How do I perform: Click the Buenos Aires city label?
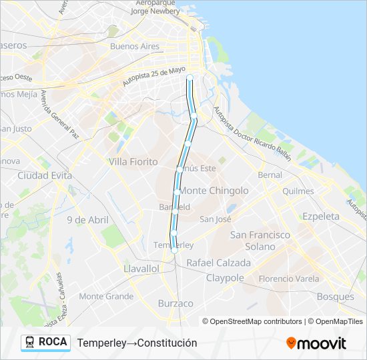(135, 47)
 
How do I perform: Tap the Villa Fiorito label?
(133, 162)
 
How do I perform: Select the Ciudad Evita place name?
(45, 175)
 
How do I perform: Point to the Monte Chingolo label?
(214, 191)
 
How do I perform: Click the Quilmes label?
(298, 191)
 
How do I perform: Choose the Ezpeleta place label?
(320, 217)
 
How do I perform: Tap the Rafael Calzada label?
(219, 263)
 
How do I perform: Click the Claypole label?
(225, 278)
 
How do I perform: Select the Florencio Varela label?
(289, 279)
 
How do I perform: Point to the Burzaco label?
(175, 303)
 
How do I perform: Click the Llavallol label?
(141, 268)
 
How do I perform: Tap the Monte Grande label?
(106, 296)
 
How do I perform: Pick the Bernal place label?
(270, 175)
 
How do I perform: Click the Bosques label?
(336, 296)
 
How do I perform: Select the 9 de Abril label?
(87, 220)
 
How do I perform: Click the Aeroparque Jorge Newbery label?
(155, 7)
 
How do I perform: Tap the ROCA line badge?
(45, 342)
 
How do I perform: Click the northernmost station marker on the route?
(190, 77)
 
